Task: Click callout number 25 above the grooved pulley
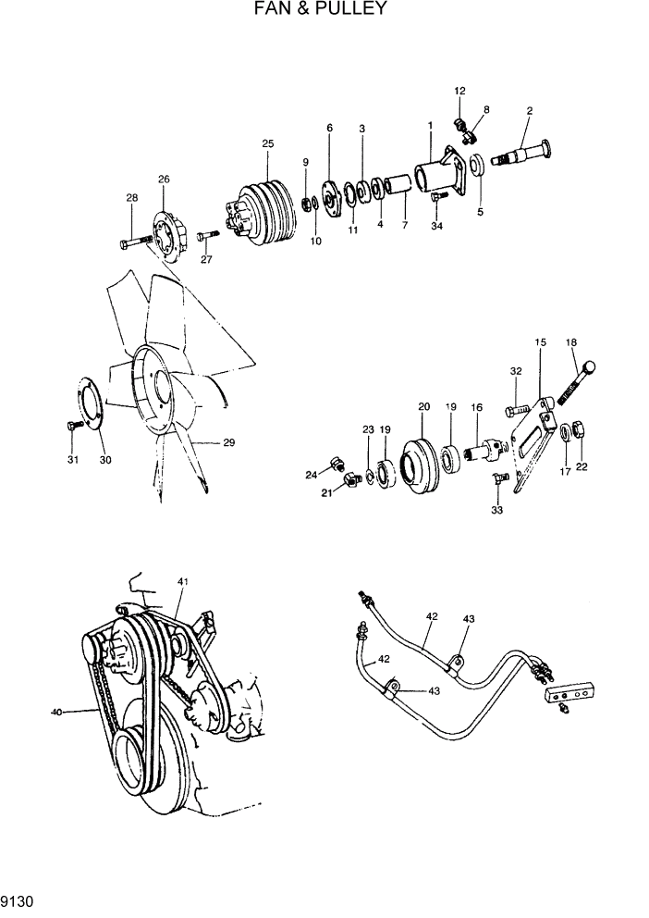click(x=268, y=143)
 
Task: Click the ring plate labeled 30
click(x=92, y=407)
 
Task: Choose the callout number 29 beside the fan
click(x=228, y=442)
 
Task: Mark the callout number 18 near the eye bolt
click(x=571, y=342)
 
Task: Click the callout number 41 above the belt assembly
click(x=183, y=581)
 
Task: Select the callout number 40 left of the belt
click(x=57, y=712)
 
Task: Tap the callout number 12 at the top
click(x=459, y=91)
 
